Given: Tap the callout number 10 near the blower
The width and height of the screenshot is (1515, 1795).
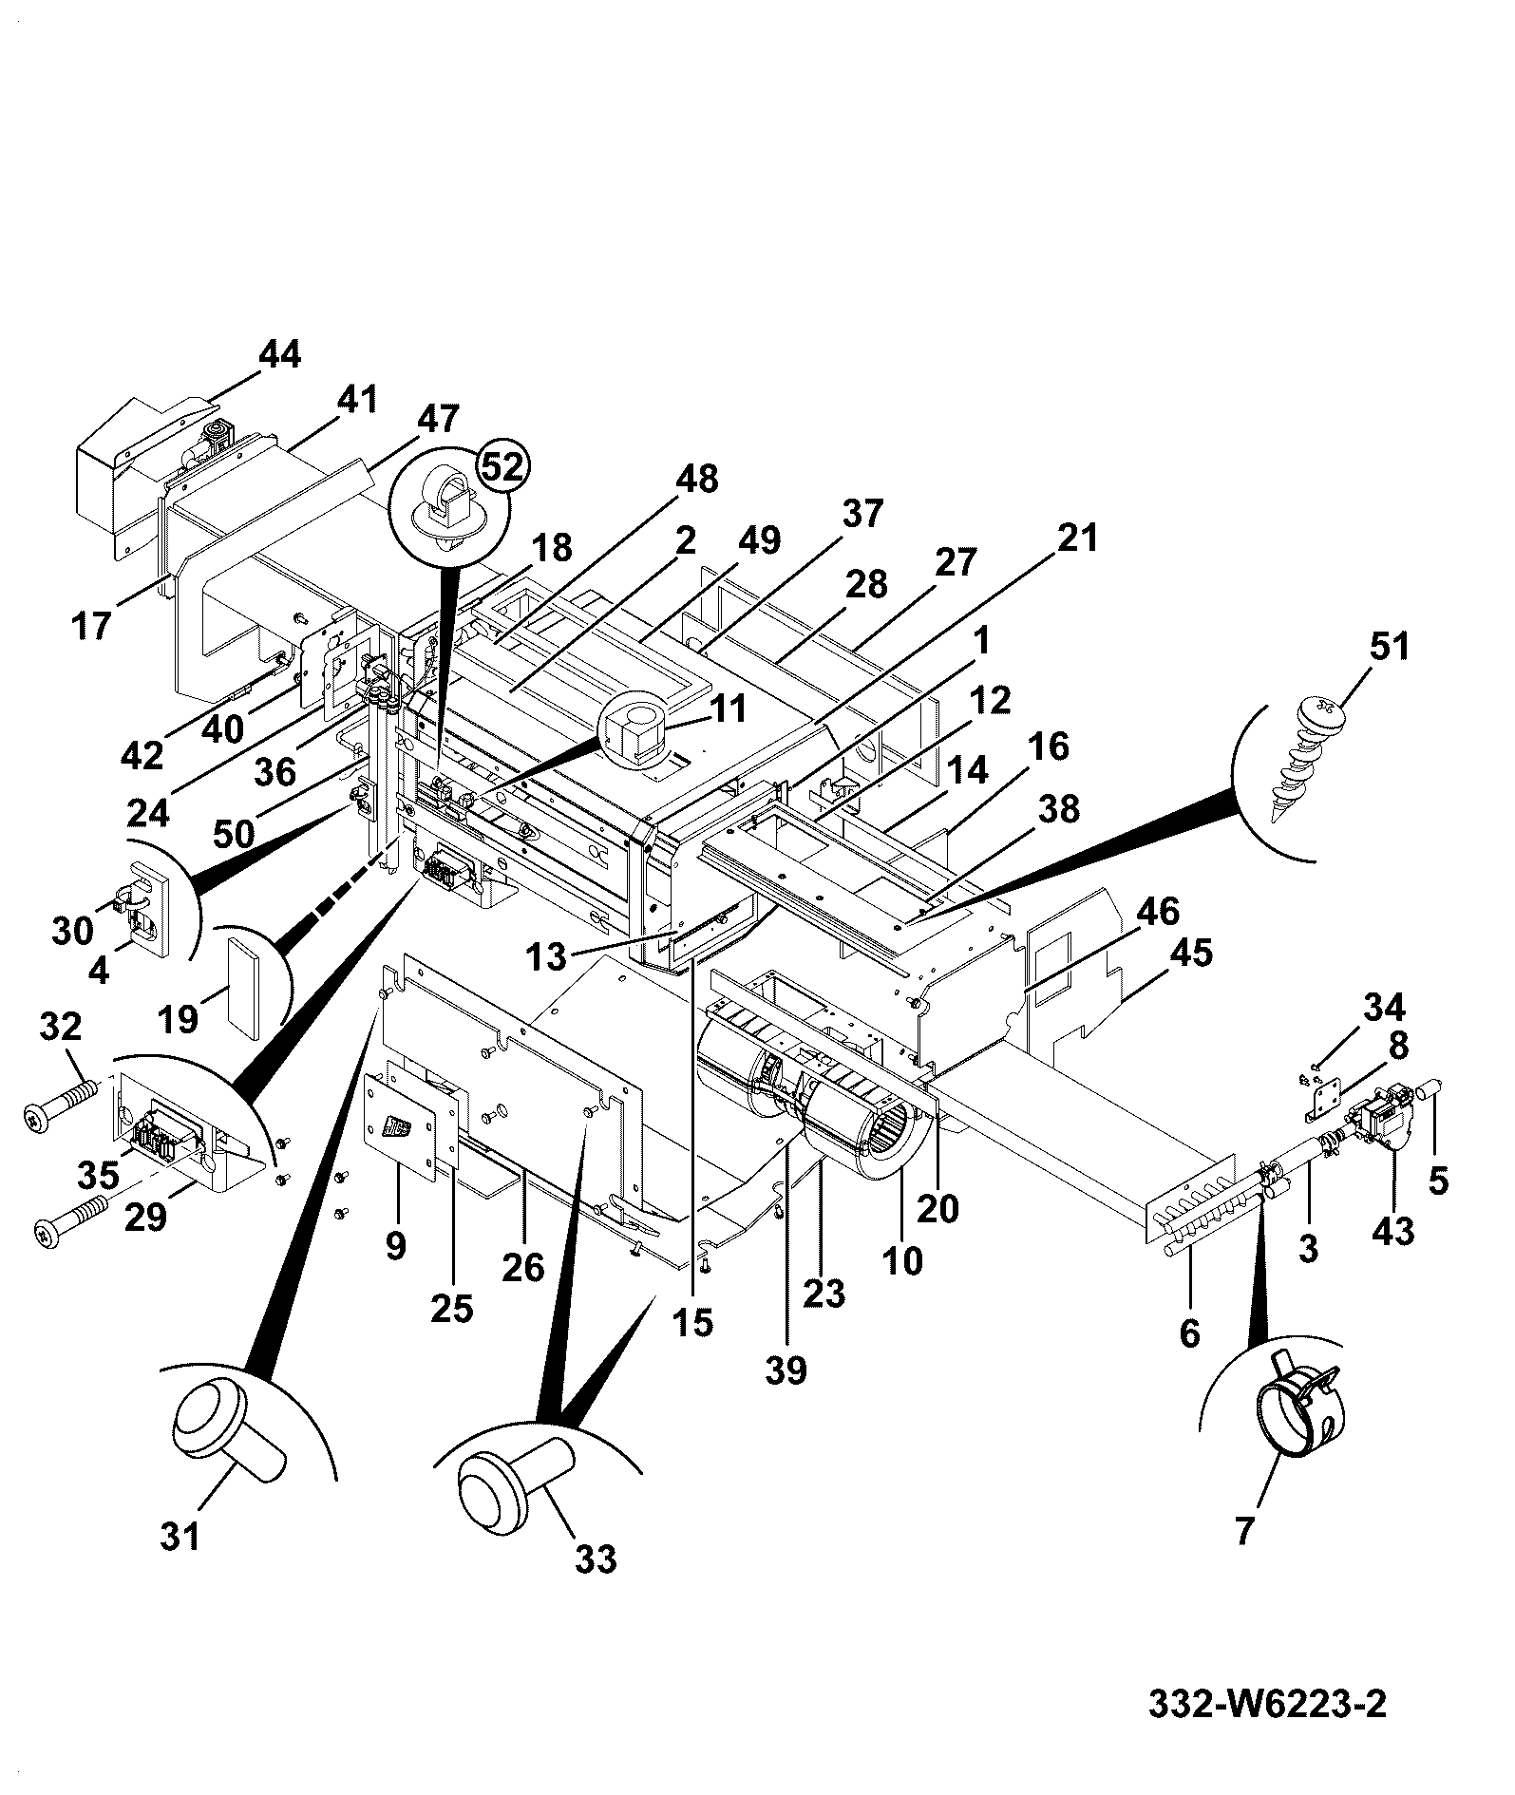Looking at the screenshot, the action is pos(902,1260).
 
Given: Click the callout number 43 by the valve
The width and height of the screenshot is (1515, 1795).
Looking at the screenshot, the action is pos(1393,1230).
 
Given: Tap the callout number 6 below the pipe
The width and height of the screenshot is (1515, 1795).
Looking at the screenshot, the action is pos(1190,1333).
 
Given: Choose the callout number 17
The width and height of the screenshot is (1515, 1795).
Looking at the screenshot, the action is pos(92,627).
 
